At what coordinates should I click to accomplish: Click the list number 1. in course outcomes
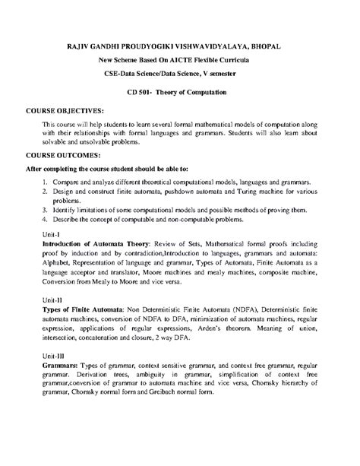46,183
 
